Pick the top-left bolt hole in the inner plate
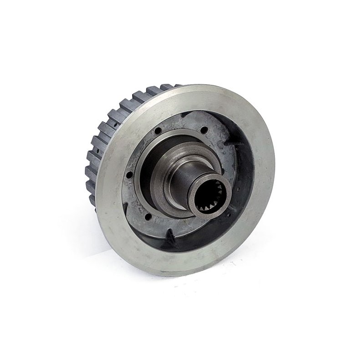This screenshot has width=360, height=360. click(x=158, y=134)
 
